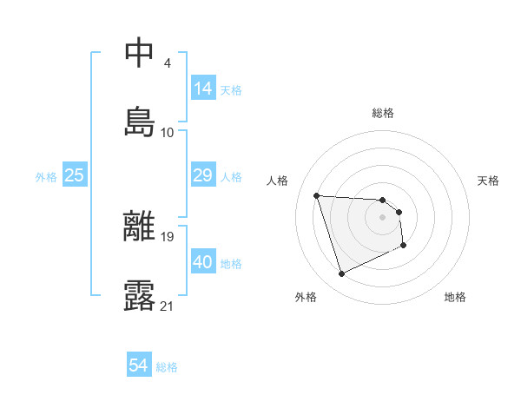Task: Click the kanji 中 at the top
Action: click(x=141, y=53)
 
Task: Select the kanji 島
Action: click(x=141, y=121)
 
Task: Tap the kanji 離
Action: click(x=141, y=227)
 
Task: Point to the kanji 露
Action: click(x=141, y=295)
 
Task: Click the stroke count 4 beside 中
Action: click(x=167, y=63)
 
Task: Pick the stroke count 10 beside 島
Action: click(x=168, y=132)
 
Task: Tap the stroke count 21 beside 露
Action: click(x=168, y=306)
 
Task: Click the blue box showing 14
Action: click(x=203, y=88)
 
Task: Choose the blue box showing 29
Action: click(x=203, y=175)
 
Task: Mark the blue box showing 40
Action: click(x=203, y=262)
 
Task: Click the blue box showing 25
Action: click(x=75, y=175)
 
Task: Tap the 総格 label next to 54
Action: click(x=167, y=367)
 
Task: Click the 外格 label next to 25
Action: click(x=46, y=177)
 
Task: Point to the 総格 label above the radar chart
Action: click(x=383, y=113)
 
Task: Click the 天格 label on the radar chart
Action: click(x=489, y=181)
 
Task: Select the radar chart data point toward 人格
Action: click(x=317, y=195)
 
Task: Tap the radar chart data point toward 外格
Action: click(x=341, y=274)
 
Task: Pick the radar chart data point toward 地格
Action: click(x=404, y=246)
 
